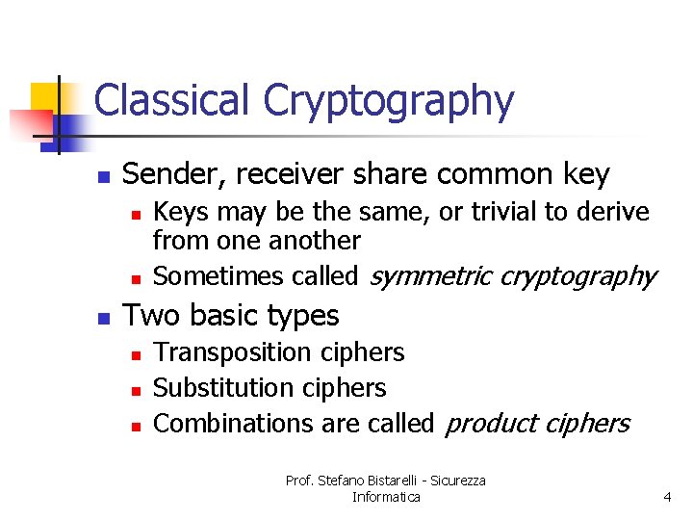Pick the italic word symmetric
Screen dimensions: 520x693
point(429,277)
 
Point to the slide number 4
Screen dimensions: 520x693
point(666,497)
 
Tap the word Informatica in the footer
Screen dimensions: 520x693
point(386,497)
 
